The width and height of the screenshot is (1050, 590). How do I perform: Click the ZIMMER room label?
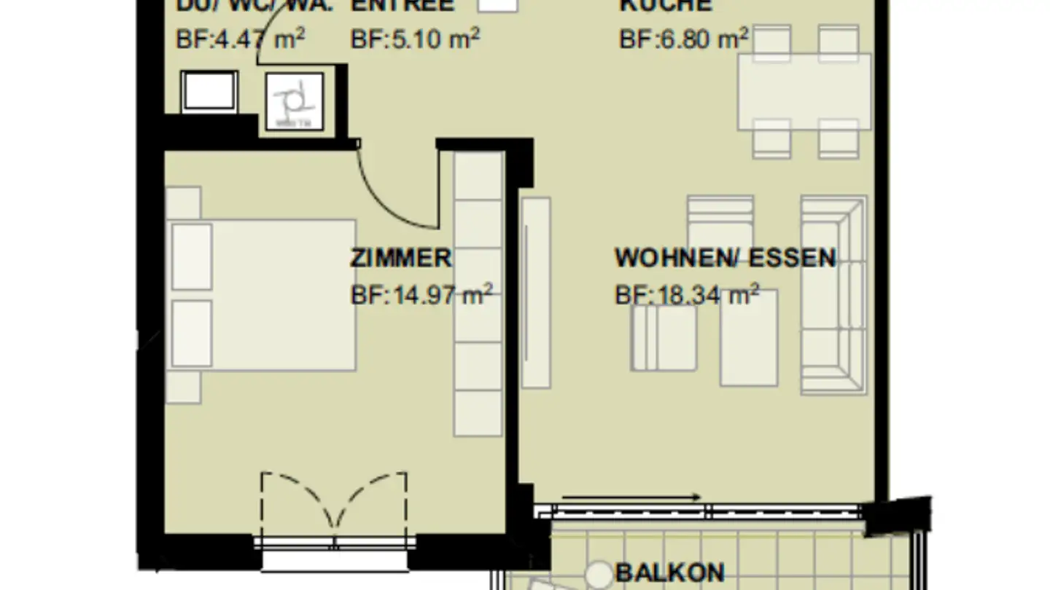pyautogui.click(x=401, y=258)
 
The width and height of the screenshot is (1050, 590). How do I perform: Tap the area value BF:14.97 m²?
pyautogui.click(x=421, y=295)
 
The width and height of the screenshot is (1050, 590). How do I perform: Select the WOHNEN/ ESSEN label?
pyautogui.click(x=725, y=258)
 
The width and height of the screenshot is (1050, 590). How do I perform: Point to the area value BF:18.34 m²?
pyautogui.click(x=687, y=295)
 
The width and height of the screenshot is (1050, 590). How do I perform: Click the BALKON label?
pyautogui.click(x=670, y=573)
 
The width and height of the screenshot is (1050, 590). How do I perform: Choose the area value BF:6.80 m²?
pyautogui.click(x=684, y=39)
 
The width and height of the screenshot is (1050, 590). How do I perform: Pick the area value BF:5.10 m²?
pyautogui.click(x=415, y=39)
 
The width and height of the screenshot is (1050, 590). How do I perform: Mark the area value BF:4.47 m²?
pyautogui.click(x=241, y=39)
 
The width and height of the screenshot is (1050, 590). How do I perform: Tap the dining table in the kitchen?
pyautogui.click(x=804, y=92)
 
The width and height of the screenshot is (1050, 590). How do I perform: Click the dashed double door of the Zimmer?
pyautogui.click(x=334, y=503)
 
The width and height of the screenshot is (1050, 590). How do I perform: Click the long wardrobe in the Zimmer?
pyautogui.click(x=478, y=294)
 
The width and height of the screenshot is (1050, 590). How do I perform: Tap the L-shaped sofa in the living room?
pyautogui.click(x=833, y=294)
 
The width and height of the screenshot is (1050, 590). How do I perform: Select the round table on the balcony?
pyautogui.click(x=599, y=574)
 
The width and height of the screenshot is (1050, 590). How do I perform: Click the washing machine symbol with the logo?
pyautogui.click(x=295, y=101)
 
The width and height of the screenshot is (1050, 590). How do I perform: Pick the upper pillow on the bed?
pyautogui.click(x=192, y=256)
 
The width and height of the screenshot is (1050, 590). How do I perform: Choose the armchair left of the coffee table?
pyautogui.click(x=663, y=338)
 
